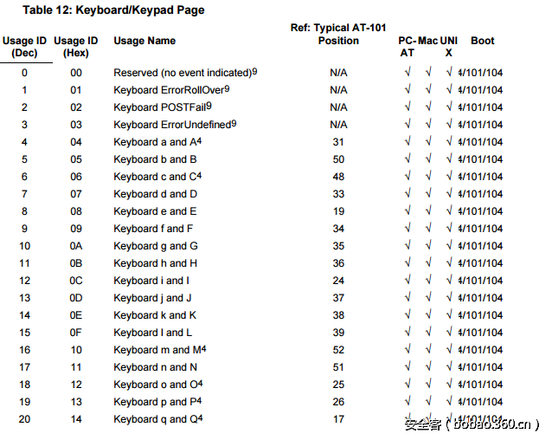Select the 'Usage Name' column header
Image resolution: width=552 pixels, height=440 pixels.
click(144, 41)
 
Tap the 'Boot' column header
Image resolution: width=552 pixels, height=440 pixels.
click(483, 41)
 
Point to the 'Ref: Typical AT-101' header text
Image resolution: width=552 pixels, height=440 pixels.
click(338, 29)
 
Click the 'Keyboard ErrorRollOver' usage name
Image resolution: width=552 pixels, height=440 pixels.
click(171, 90)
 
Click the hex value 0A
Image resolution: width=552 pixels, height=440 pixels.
click(76, 246)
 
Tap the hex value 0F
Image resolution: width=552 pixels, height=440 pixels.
click(76, 333)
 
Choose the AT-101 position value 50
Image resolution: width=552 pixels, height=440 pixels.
click(338, 159)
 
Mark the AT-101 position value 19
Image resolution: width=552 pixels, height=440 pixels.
click(338, 211)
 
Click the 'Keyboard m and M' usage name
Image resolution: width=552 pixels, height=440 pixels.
click(159, 350)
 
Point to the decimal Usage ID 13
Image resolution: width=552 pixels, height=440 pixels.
click(24, 298)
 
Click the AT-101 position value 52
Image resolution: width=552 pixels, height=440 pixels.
click(338, 350)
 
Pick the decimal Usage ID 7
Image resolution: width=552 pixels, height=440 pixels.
click(24, 194)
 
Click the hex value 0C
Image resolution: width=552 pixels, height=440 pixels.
click(76, 281)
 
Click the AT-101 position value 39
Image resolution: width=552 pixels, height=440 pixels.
click(338, 333)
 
